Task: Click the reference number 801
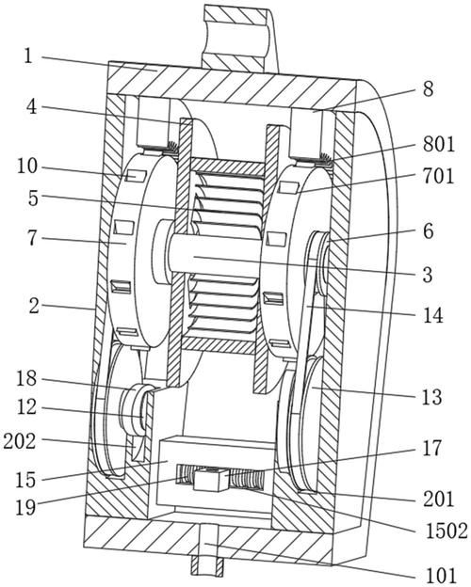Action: [439, 144]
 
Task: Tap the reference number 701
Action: [438, 176]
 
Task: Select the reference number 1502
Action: [447, 531]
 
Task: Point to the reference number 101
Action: [442, 576]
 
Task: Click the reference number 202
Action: [20, 442]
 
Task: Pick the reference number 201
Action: [438, 499]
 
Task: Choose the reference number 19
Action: [25, 507]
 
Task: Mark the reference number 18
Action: [26, 379]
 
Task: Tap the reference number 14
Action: [432, 315]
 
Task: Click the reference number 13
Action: [432, 397]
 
